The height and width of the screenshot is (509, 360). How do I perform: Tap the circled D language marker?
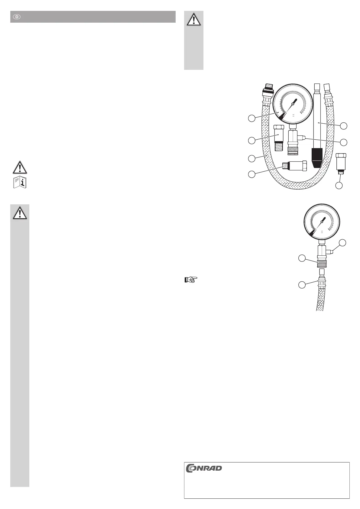17,17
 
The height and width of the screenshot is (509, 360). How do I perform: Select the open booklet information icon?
20,182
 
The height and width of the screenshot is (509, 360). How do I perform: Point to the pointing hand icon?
191,280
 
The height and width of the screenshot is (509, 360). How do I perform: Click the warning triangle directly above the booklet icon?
20,167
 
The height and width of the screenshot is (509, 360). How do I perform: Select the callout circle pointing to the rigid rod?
343,126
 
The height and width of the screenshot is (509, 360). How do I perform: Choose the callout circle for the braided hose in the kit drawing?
251,158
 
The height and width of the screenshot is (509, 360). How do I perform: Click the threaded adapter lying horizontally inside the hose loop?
294,166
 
